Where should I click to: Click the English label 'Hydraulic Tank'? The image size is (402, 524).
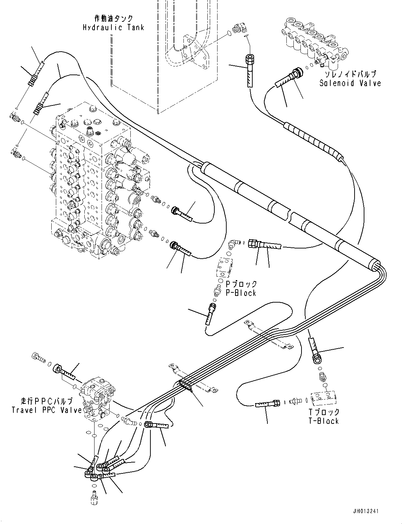[x=113, y=27]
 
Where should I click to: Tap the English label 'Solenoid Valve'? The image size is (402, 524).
[x=350, y=83]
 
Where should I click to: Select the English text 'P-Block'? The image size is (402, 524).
[x=241, y=293]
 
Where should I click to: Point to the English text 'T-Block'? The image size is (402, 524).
[x=324, y=421]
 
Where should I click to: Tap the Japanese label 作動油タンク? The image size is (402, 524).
[x=114, y=18]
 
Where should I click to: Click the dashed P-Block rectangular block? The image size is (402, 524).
[x=225, y=267]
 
